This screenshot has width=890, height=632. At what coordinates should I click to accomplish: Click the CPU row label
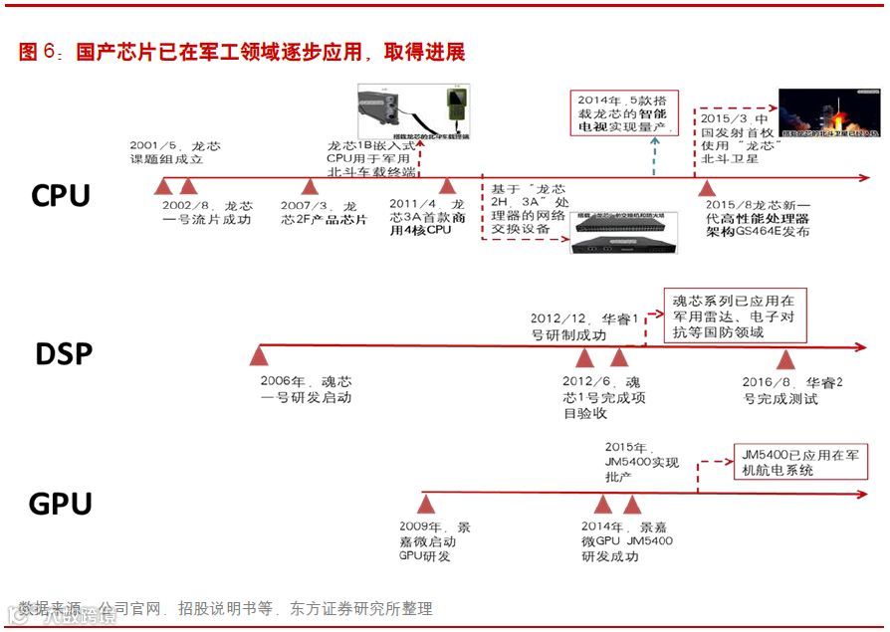point(61,195)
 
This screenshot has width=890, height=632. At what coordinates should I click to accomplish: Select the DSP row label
point(64,354)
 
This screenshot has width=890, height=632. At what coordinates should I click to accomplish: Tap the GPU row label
point(61,504)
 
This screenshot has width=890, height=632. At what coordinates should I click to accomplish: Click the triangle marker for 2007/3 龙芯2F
point(310,187)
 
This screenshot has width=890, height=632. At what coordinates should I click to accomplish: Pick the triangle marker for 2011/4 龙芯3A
point(447,187)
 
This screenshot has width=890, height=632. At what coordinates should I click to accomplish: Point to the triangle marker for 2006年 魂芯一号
point(260,355)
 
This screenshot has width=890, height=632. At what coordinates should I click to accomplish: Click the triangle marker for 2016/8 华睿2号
point(785,357)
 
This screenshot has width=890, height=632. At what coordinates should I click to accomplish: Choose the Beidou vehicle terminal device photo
point(413,108)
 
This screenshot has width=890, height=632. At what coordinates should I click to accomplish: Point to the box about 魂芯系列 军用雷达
point(735,316)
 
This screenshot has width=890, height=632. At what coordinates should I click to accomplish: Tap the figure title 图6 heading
point(242,52)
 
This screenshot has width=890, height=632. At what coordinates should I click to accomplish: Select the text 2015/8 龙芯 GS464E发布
point(768,218)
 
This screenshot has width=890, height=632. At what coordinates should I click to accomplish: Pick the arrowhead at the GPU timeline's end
point(866,493)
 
